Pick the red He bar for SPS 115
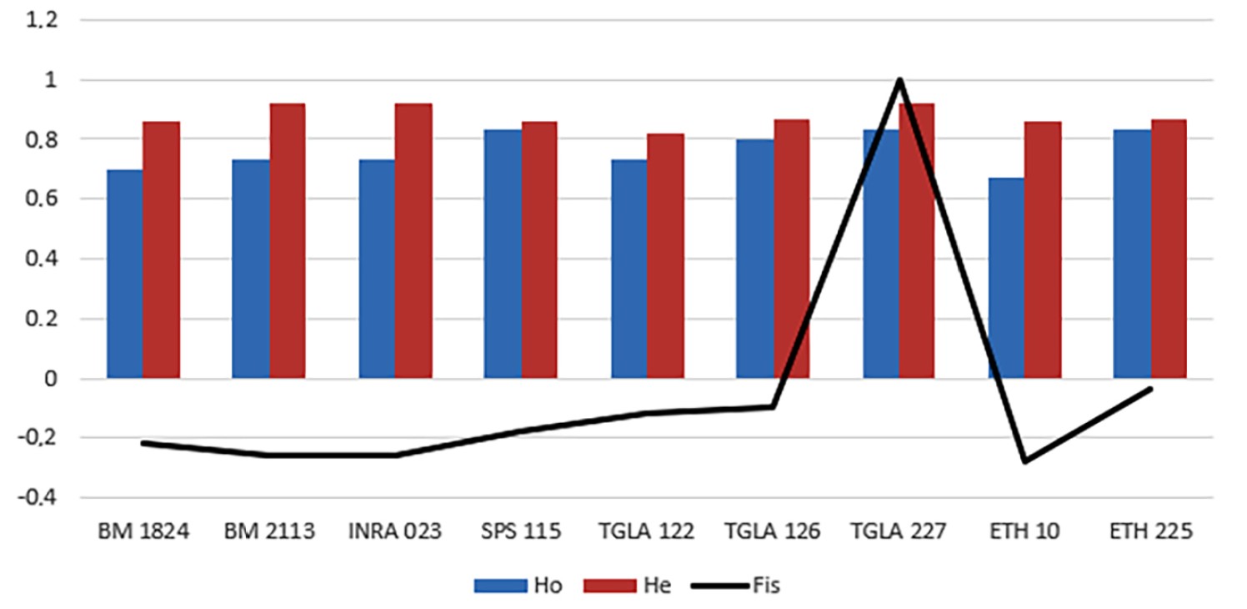tap(538, 249)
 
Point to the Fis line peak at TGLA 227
tap(899, 80)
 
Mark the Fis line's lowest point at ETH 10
tap(1024, 461)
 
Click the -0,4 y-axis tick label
tap(39, 498)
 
